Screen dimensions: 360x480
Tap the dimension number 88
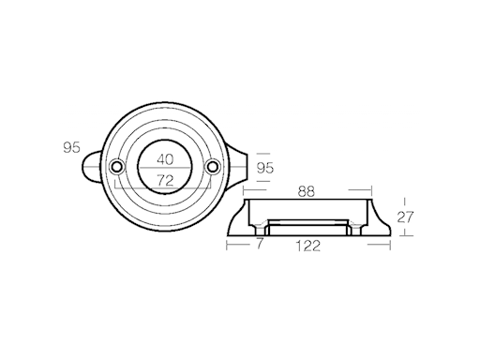304,192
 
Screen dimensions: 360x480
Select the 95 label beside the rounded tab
70,148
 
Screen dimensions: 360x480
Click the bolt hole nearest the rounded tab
116,166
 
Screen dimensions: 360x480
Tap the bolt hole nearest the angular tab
213,167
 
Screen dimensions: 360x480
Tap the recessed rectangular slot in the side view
307,226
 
